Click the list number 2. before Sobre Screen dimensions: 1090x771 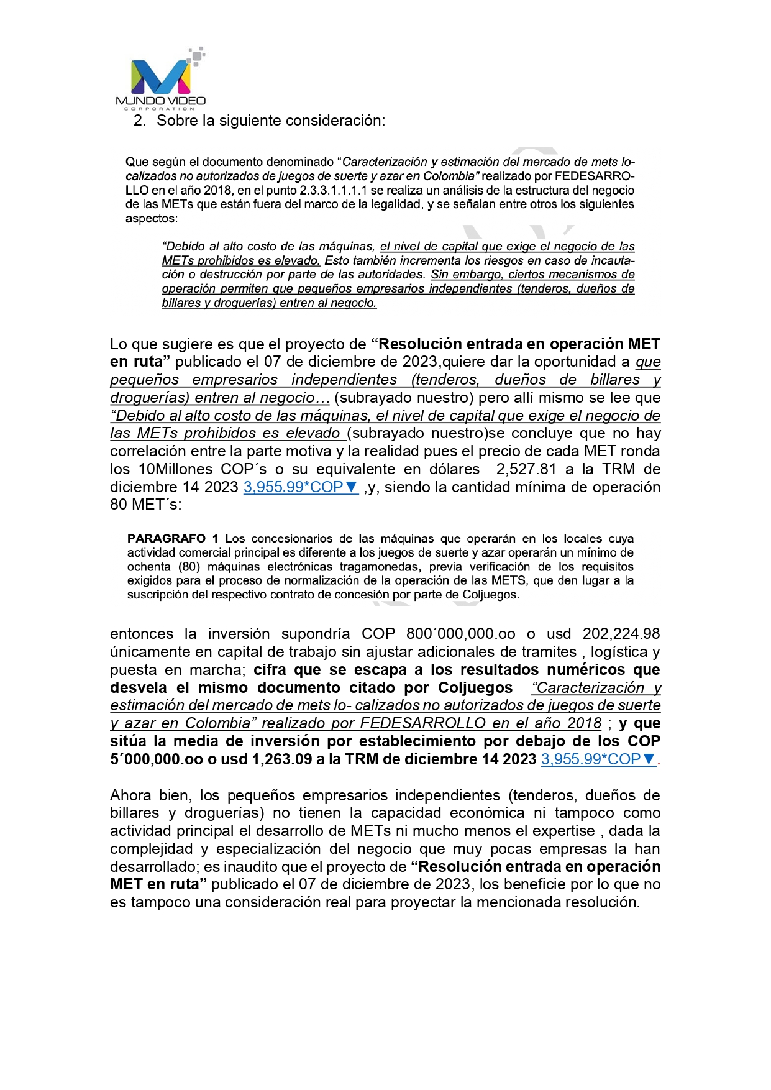[140, 121]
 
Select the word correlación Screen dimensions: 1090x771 [145, 451]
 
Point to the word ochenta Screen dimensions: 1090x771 [149, 567]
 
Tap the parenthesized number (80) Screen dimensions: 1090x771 [189, 567]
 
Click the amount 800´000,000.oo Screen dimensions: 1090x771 [461, 634]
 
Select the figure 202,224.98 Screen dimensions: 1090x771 [621, 634]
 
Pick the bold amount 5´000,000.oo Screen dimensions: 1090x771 [157, 759]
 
